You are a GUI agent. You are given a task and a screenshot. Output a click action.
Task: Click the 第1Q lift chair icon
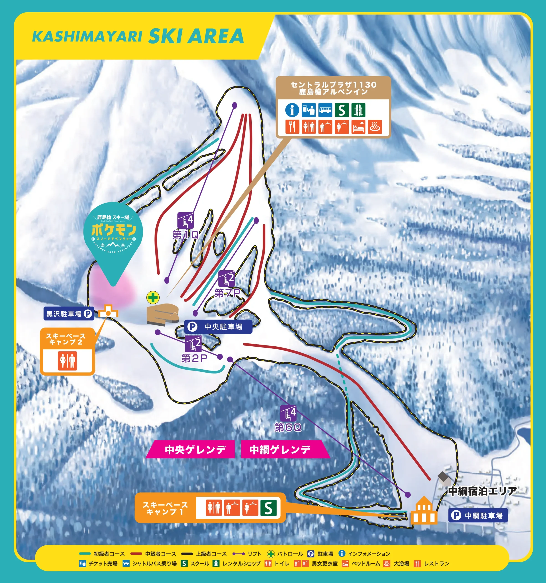[x=185, y=220]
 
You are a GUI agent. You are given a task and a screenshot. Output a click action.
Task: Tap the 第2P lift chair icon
[x=193, y=344]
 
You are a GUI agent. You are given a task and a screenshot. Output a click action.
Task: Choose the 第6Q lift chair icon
[x=288, y=413]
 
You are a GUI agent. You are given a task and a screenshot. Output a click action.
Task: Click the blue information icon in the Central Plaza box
[x=292, y=110]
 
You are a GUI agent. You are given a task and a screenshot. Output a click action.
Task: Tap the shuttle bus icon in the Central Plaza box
[x=325, y=110]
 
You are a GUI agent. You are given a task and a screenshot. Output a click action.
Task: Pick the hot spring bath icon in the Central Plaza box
[x=375, y=127]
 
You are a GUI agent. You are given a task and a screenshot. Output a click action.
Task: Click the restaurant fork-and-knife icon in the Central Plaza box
[x=292, y=127]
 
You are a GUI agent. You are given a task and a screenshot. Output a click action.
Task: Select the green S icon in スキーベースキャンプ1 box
[x=268, y=508]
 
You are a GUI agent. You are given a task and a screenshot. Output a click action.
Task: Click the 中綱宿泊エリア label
[x=482, y=491]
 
